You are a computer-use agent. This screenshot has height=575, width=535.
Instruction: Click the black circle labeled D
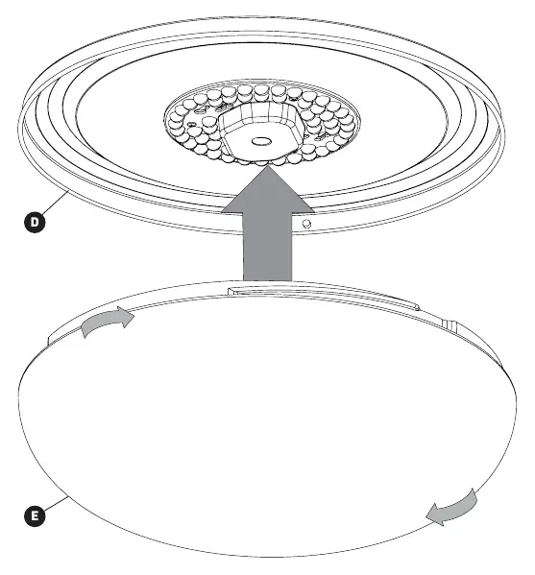point(35,222)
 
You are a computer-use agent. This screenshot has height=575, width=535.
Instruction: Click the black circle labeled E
point(35,515)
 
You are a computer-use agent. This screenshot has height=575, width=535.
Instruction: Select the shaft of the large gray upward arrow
point(267,247)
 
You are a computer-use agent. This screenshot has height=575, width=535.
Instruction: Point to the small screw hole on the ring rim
point(306,224)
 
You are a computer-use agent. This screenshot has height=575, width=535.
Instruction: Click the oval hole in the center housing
point(261,141)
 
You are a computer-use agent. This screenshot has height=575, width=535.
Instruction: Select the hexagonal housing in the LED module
point(261,131)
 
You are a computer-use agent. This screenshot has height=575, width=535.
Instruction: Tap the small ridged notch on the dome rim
point(450,325)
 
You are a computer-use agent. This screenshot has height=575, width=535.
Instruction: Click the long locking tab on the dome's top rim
point(323,297)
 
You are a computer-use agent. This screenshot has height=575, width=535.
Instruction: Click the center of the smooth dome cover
point(267,421)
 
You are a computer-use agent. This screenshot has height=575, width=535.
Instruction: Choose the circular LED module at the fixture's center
point(261,123)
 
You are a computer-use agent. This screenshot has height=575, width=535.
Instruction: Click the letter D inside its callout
point(35,222)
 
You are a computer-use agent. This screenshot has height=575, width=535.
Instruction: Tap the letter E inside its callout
point(35,515)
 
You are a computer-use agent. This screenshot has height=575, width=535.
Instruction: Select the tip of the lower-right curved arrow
point(426,516)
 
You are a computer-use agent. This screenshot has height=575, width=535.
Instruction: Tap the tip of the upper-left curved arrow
point(134,316)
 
